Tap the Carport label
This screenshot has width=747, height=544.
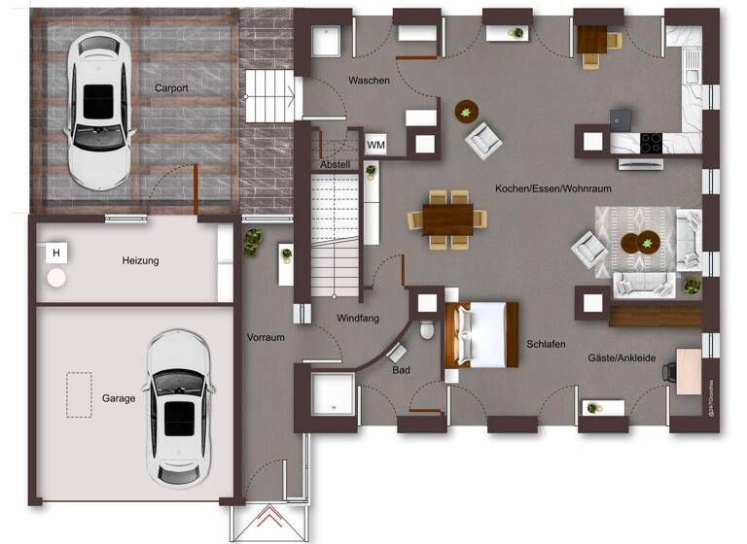tap(171, 87)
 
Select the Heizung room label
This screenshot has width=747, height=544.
tap(140, 260)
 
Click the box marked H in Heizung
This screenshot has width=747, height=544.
tap(57, 255)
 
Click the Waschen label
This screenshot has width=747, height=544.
tap(369, 81)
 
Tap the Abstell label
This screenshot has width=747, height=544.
tap(335, 165)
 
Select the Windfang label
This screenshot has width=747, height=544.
tap(357, 318)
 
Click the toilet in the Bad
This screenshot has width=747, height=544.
tap(427, 330)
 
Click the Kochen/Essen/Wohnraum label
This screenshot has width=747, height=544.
tap(552, 188)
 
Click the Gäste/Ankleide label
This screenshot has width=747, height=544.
tap(622, 358)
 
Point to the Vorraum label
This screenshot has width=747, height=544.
tap(266, 338)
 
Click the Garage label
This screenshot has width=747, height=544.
tap(119, 398)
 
